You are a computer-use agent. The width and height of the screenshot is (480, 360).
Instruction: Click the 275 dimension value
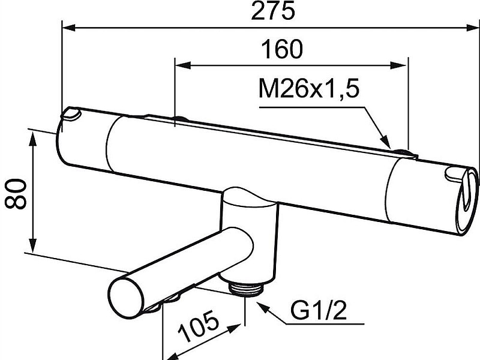[x=273, y=10]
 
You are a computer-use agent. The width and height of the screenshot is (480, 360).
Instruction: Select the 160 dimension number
[x=281, y=49]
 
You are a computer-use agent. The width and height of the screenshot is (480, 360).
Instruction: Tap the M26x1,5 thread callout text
[x=308, y=88]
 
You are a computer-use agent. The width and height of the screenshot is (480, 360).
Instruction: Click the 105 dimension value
[x=199, y=326]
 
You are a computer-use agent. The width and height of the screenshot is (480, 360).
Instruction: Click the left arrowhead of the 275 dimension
[x=68, y=28]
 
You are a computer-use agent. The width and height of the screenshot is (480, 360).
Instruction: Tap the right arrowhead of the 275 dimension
[x=473, y=28]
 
